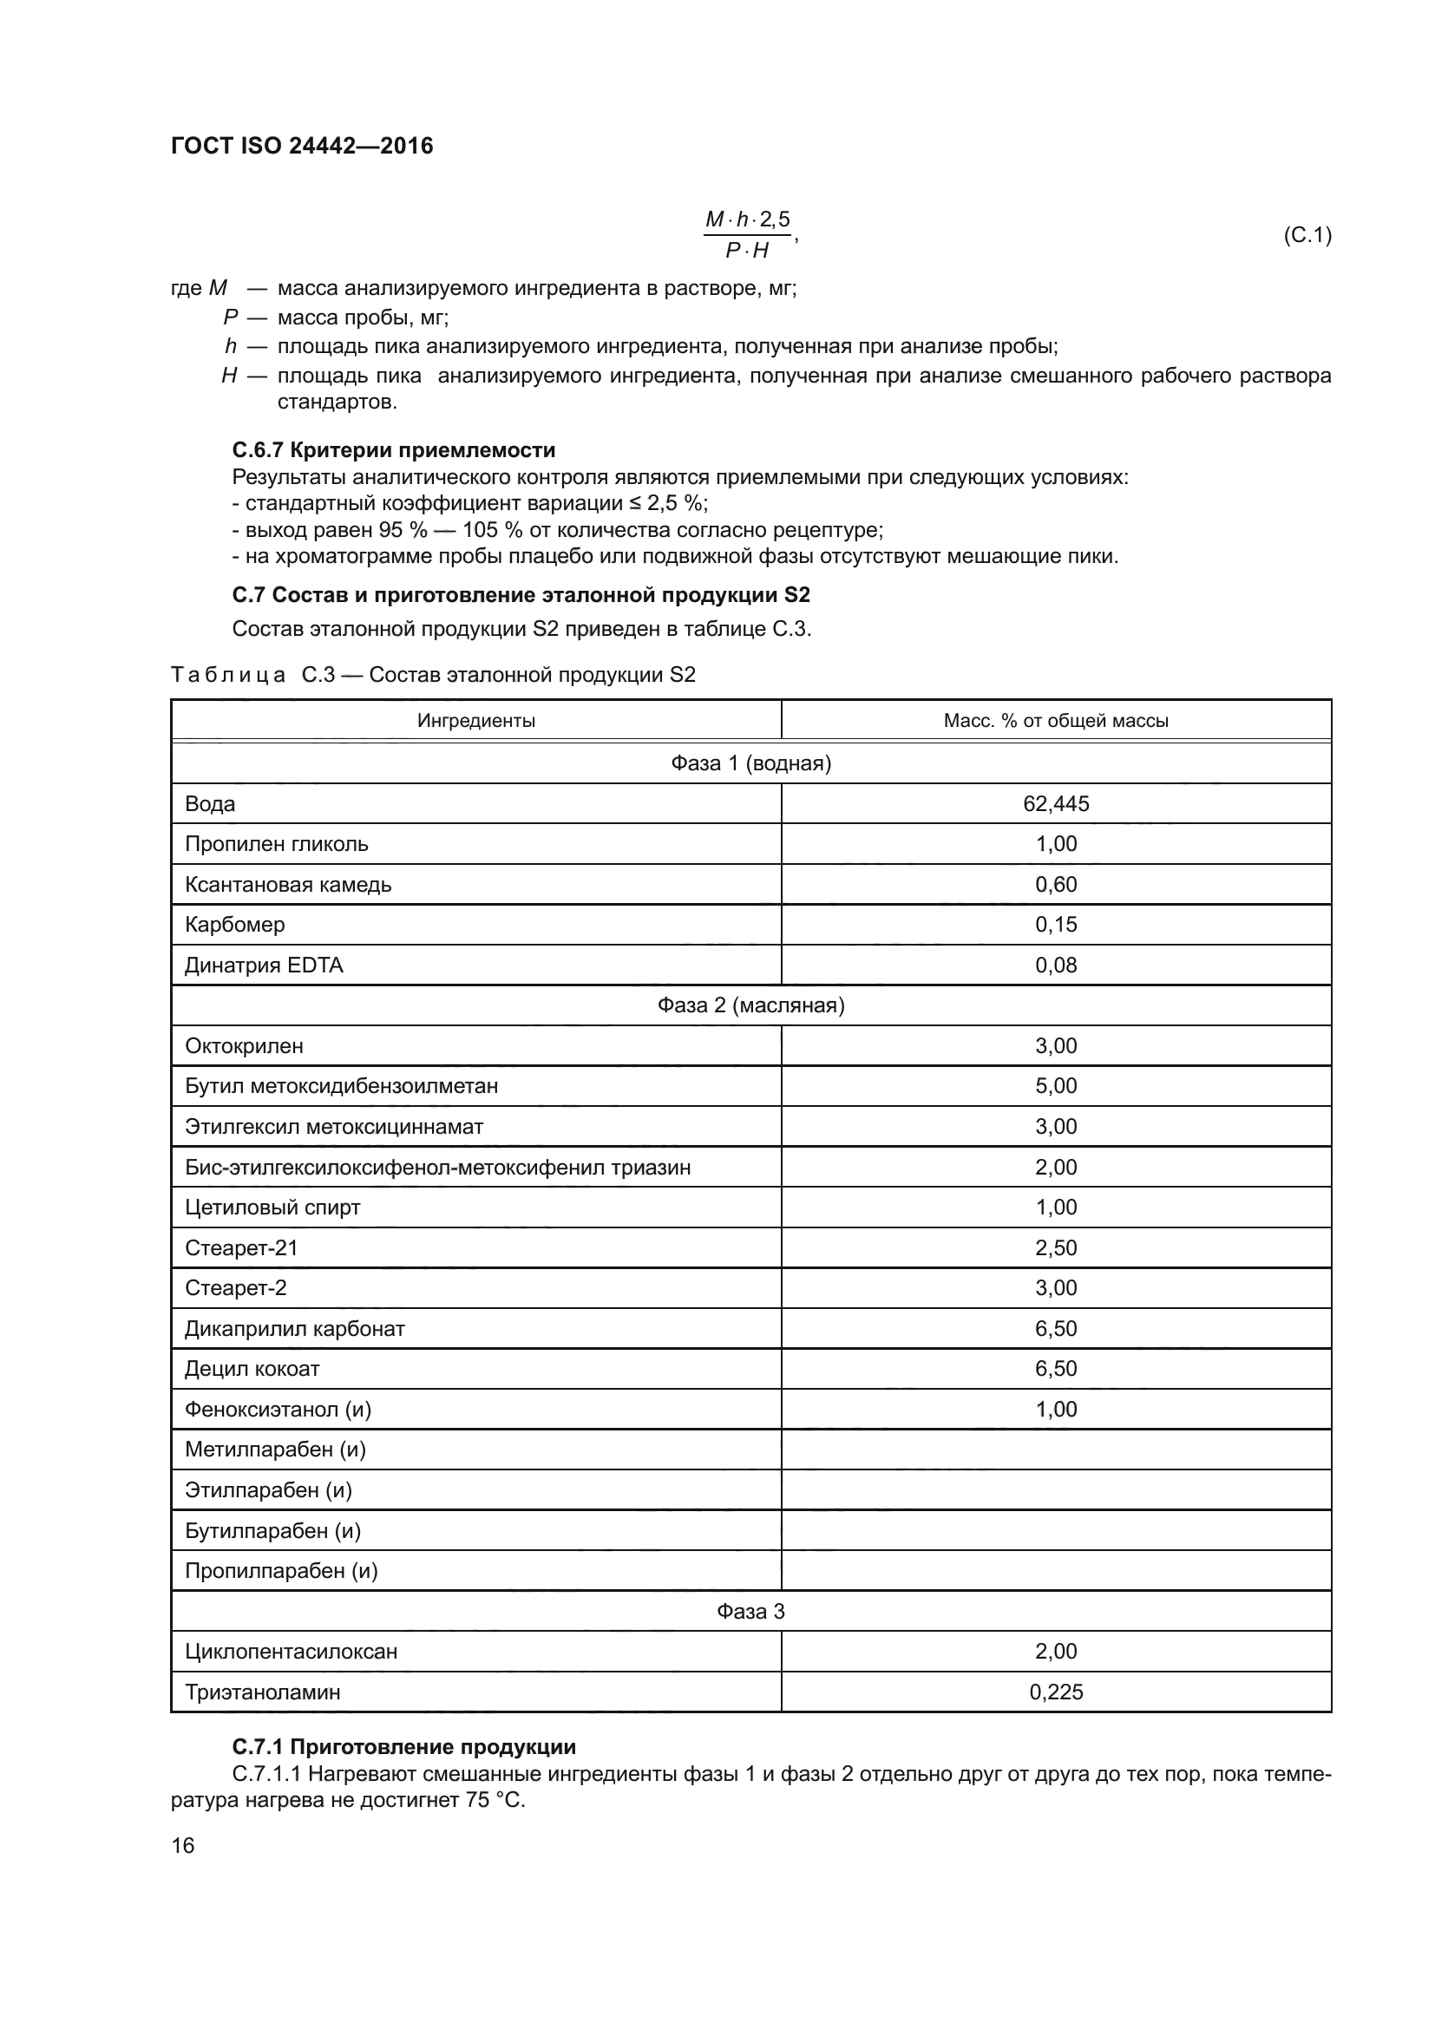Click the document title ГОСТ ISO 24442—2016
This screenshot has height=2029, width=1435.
[301, 146]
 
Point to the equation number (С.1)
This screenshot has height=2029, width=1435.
[1306, 235]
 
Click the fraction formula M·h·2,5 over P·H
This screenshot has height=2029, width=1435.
[748, 235]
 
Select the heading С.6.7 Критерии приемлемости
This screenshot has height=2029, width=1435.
[393, 450]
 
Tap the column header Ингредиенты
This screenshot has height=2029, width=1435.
[475, 720]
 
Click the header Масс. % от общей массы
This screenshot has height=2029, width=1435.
[1055, 720]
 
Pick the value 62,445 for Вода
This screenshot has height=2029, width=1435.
[1055, 803]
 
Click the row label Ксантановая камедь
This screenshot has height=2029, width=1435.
[288, 885]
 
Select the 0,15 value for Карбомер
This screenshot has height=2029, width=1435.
[1055, 925]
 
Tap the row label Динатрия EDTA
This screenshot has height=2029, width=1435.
[264, 965]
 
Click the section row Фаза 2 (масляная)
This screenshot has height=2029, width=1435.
[750, 1005]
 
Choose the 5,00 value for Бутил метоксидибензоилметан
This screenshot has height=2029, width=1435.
[1055, 1085]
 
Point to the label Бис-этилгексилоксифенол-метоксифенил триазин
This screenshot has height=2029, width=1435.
[437, 1167]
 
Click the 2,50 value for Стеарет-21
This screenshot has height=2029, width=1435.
[1055, 1247]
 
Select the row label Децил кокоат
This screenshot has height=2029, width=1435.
[252, 1369]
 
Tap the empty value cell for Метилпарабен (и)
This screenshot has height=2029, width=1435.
[1055, 1450]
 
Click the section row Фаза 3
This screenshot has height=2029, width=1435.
[750, 1611]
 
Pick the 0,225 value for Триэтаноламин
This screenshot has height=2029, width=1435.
[1055, 1692]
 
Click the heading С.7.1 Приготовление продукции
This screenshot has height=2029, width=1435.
[403, 1747]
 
